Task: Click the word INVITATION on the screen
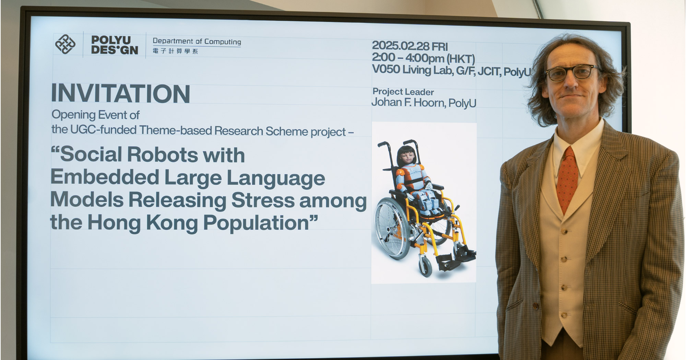pyautogui.click(x=120, y=93)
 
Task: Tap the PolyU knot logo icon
pyautogui.click(x=65, y=44)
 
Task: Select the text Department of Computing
pyautogui.click(x=197, y=41)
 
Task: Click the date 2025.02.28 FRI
pyautogui.click(x=410, y=46)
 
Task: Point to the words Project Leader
pyautogui.click(x=403, y=92)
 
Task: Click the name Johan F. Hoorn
pyautogui.click(x=408, y=103)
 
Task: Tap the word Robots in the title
pyautogui.click(x=163, y=155)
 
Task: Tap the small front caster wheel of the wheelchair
pyautogui.click(x=425, y=266)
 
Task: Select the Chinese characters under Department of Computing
pyautogui.click(x=175, y=51)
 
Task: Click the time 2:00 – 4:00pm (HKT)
pyautogui.click(x=423, y=58)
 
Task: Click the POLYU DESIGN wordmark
pyautogui.click(x=114, y=45)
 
